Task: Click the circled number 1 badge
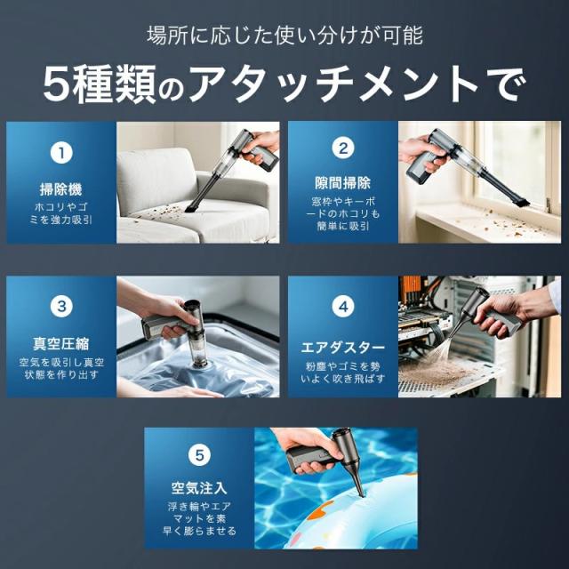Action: (x=61, y=153)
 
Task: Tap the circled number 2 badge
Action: (x=343, y=148)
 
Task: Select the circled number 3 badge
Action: (x=61, y=306)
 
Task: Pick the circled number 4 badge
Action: (x=343, y=307)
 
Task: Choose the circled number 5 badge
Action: (x=199, y=455)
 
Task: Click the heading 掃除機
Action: (x=61, y=189)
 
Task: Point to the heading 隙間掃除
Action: (x=343, y=182)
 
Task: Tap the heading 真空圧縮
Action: (x=61, y=344)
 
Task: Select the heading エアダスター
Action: (x=343, y=348)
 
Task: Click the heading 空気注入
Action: (x=199, y=488)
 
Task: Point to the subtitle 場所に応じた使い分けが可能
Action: (x=284, y=36)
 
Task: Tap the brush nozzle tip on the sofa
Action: (x=191, y=210)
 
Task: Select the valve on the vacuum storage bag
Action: (x=199, y=362)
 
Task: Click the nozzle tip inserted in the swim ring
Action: (x=360, y=493)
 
